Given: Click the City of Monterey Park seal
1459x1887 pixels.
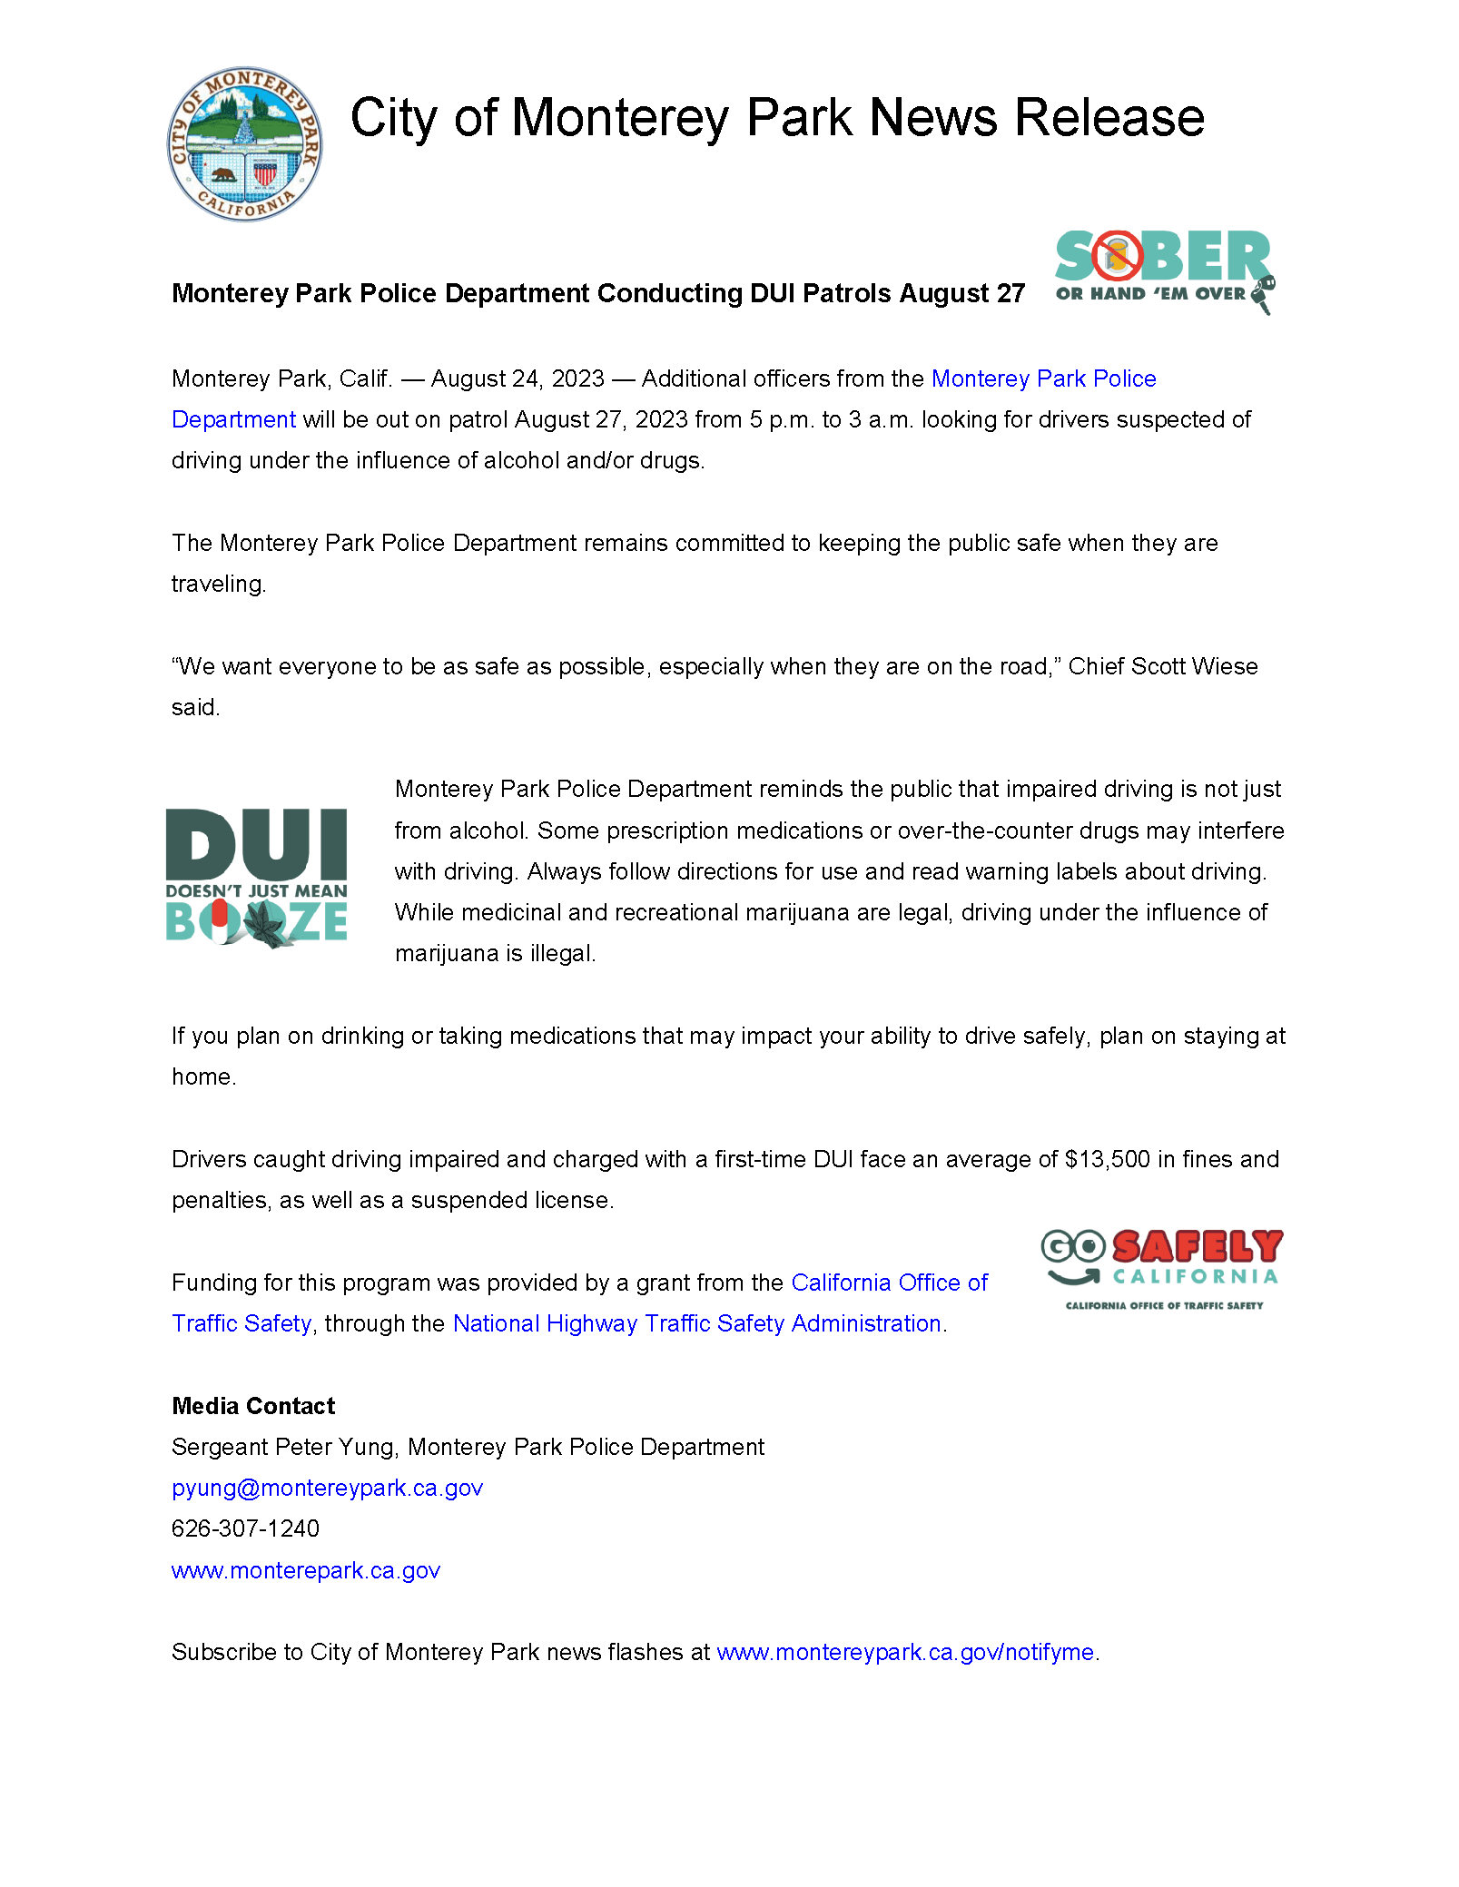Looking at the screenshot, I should pos(244,143).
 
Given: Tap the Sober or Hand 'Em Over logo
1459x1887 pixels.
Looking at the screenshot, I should pos(1164,270).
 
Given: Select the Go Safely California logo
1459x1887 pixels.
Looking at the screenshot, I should pos(1162,1268).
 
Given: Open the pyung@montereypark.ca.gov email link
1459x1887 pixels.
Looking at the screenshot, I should pos(327,1488).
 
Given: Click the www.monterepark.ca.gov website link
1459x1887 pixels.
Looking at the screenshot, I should pos(305,1570).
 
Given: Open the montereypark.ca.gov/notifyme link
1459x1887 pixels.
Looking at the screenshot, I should pos(905,1652).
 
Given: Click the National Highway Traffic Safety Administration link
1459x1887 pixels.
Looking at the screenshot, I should pos(696,1323).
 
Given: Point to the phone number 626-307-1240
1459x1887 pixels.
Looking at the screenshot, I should pos(245,1528).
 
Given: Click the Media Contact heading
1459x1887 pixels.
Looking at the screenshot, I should pos(253,1406).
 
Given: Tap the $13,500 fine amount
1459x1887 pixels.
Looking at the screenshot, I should pos(1108,1159).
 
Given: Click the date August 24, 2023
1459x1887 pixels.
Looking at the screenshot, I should pos(518,378).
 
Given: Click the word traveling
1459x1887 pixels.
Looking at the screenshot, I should pos(218,584).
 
